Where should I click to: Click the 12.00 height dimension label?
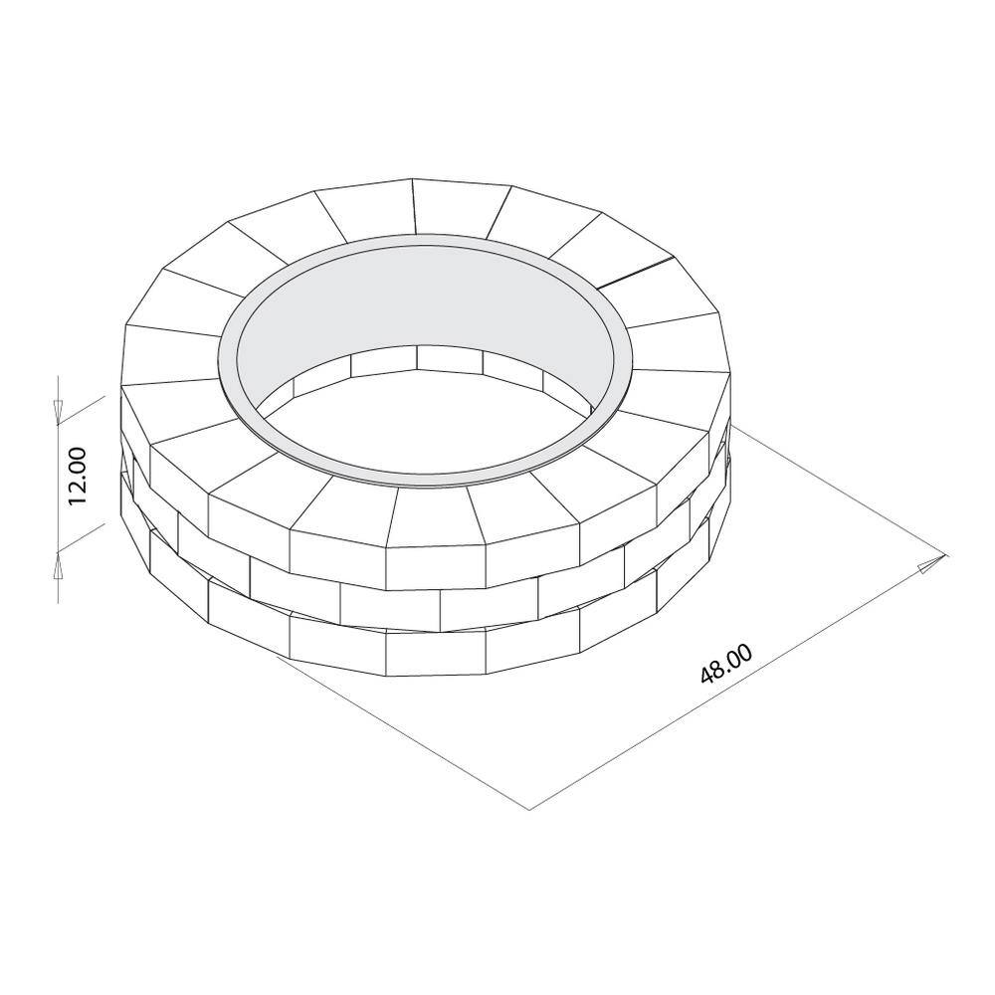coord(80,477)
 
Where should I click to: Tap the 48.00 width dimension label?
coord(725,663)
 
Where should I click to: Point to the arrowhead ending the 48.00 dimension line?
coord(929,566)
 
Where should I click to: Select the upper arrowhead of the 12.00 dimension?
coord(59,407)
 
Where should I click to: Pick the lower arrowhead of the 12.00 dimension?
coord(59,564)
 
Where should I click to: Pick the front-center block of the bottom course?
coord(435,652)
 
